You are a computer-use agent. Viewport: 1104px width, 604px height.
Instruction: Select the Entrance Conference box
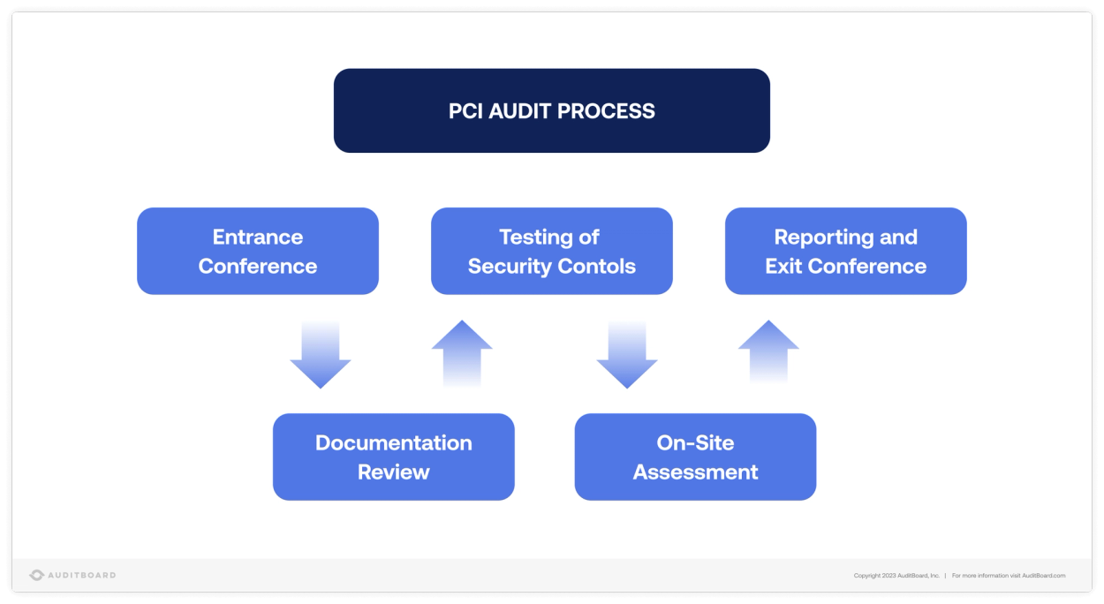[257, 251]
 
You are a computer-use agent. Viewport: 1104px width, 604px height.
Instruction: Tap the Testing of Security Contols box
[551, 251]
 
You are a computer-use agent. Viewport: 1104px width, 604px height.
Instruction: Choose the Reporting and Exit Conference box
[845, 251]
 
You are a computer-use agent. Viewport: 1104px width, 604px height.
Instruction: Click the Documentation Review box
[393, 457]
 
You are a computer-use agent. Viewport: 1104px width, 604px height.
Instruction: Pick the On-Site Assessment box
[695, 457]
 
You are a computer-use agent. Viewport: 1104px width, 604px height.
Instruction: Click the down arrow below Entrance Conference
[321, 356]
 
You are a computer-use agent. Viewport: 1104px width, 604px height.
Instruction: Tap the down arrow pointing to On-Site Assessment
[627, 356]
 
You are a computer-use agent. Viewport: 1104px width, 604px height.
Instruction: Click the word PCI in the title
[465, 111]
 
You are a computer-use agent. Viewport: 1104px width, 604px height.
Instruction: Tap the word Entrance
[257, 237]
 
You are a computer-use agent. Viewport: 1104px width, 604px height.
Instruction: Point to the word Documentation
[393, 442]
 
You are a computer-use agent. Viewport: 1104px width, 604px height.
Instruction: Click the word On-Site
[695, 442]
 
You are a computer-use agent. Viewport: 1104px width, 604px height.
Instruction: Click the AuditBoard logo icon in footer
[36, 575]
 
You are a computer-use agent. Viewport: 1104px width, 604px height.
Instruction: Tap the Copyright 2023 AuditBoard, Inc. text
[896, 576]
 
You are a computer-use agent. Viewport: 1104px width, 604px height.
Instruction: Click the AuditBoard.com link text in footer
[1043, 576]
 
